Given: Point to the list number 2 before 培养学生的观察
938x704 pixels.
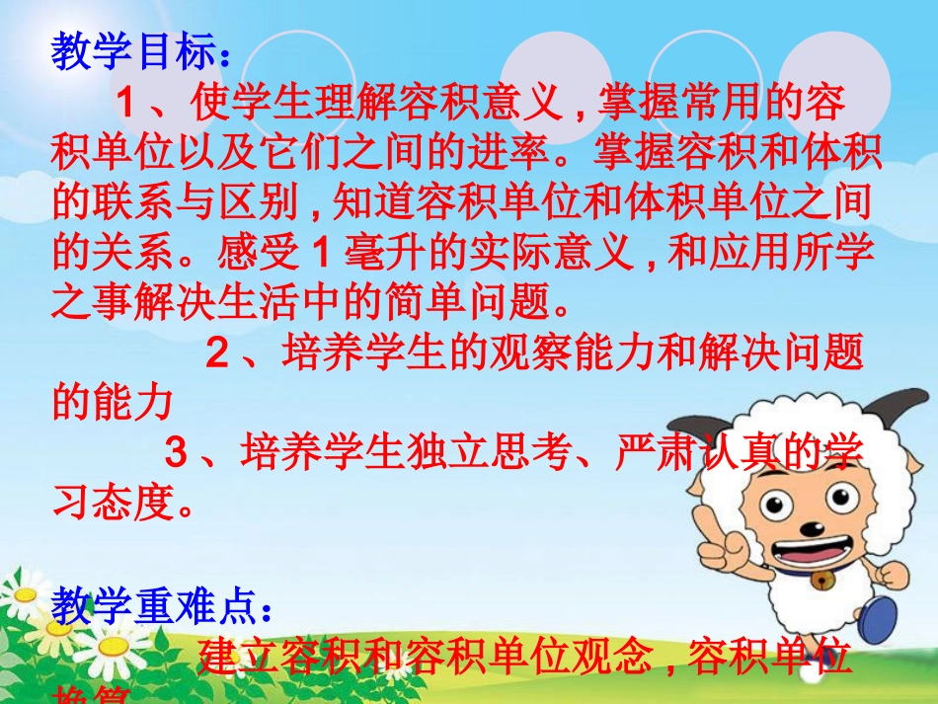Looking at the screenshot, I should [217, 353].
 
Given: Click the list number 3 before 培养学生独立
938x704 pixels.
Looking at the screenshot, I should [176, 455].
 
